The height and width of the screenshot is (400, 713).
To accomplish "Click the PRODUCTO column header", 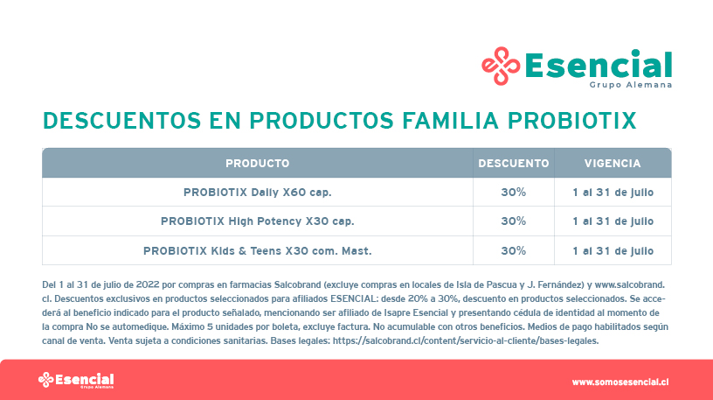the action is click(x=258, y=163).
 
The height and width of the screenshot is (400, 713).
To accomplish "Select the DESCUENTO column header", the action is click(x=514, y=163).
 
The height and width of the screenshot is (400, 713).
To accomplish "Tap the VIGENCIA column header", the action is click(x=613, y=163).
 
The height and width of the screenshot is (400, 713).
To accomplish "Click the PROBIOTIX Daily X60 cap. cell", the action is click(x=258, y=193).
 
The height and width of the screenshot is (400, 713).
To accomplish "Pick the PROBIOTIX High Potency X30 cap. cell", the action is click(x=258, y=221).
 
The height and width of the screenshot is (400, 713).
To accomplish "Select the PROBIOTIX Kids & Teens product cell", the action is click(x=258, y=251).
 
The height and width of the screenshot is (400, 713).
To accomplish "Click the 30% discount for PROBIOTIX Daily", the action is click(x=514, y=193).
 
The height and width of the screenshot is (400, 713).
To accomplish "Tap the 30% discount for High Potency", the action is click(x=514, y=221).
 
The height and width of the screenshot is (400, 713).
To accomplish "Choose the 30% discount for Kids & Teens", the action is click(x=514, y=251).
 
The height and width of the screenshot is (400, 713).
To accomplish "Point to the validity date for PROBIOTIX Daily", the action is click(x=613, y=193).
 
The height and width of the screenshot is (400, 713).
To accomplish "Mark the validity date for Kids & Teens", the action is click(x=613, y=251).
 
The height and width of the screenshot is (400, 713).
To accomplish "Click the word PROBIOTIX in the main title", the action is click(x=572, y=121).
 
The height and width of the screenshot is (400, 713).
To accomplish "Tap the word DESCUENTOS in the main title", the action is click(x=121, y=121).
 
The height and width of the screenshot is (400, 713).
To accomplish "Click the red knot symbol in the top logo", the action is click(x=501, y=66).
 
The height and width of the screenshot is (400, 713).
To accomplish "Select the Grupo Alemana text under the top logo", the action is click(x=631, y=85).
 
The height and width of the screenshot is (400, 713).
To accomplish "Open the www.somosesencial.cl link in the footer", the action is click(x=620, y=382).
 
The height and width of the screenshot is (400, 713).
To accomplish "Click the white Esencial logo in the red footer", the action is click(x=76, y=380).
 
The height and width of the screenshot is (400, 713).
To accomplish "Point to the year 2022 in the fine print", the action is click(x=148, y=284).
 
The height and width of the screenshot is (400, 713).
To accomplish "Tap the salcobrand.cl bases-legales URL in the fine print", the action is click(x=466, y=340).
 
